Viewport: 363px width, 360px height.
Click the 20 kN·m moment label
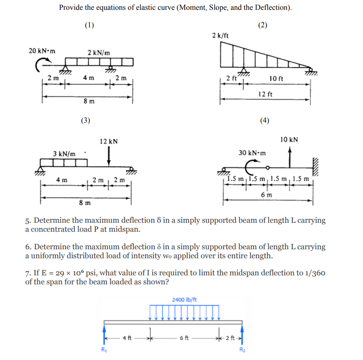(x=42, y=51)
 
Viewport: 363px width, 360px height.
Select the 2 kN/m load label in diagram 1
(x=99, y=53)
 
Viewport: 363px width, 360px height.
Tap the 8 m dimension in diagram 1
(x=89, y=102)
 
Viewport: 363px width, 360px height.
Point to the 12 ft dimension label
(x=265, y=94)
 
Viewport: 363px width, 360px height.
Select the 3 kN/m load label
(x=64, y=153)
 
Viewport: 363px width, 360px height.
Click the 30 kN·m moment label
(x=252, y=153)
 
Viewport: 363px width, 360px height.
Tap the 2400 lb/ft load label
(x=184, y=300)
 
